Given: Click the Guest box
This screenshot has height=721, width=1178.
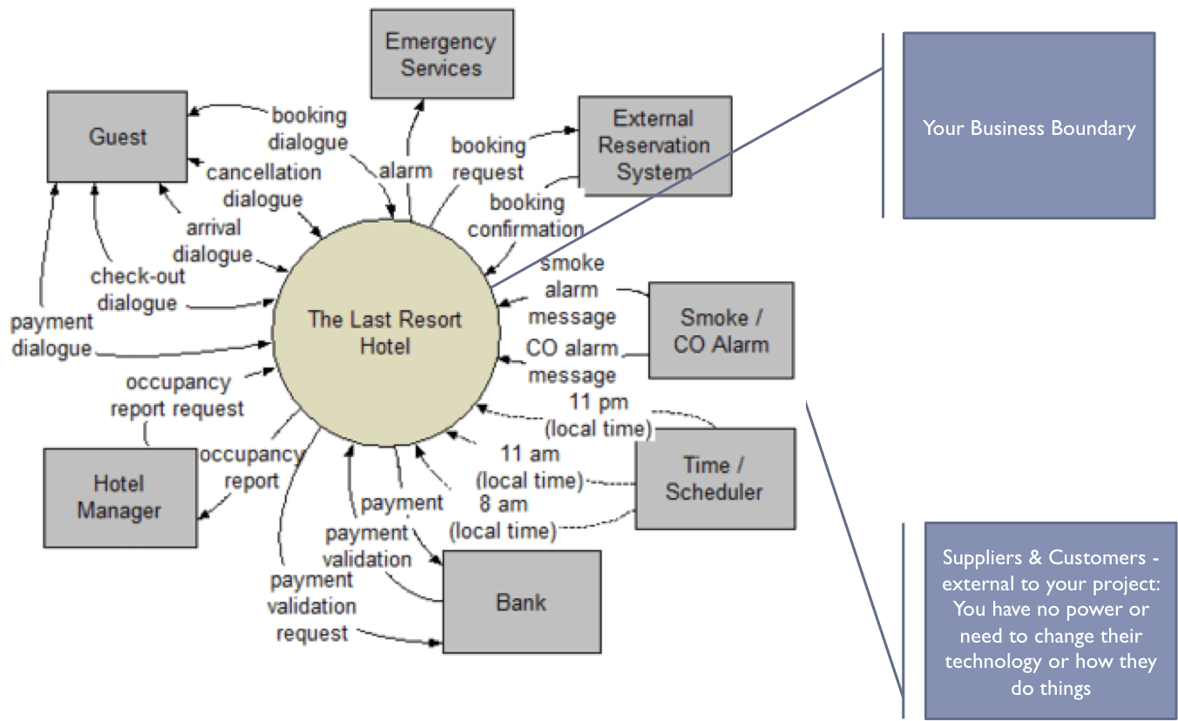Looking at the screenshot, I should pos(117,138).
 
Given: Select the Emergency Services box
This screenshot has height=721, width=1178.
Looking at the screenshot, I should pos(440,54).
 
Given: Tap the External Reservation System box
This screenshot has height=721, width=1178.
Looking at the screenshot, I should pos(654,145).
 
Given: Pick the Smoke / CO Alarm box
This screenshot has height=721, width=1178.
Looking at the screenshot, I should pos(721,330).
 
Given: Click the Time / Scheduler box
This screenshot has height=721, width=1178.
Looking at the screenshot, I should pos(714,478).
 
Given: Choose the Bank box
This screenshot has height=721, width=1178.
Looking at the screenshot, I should pos(521,602).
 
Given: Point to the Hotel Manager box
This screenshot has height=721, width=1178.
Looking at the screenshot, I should pos(118,497).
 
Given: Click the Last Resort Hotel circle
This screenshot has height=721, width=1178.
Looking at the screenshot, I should pos(385,332).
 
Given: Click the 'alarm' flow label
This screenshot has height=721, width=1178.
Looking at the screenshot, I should pos(405,171).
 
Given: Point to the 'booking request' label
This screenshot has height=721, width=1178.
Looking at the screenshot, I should pos(488,158).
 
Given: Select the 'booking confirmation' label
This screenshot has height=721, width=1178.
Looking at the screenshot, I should pos(525,216).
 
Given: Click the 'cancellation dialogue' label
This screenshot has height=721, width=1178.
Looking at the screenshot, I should pos(263,185).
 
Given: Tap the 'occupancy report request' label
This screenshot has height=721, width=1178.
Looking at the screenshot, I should pos(178,394).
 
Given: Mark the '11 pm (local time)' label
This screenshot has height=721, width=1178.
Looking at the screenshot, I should pos(599,415).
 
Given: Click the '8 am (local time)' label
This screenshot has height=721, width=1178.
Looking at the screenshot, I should pos(503,516).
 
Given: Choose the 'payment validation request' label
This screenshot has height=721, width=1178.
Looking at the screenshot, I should pos(311,606).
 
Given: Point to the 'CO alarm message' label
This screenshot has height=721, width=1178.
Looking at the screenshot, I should pos(572,361).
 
